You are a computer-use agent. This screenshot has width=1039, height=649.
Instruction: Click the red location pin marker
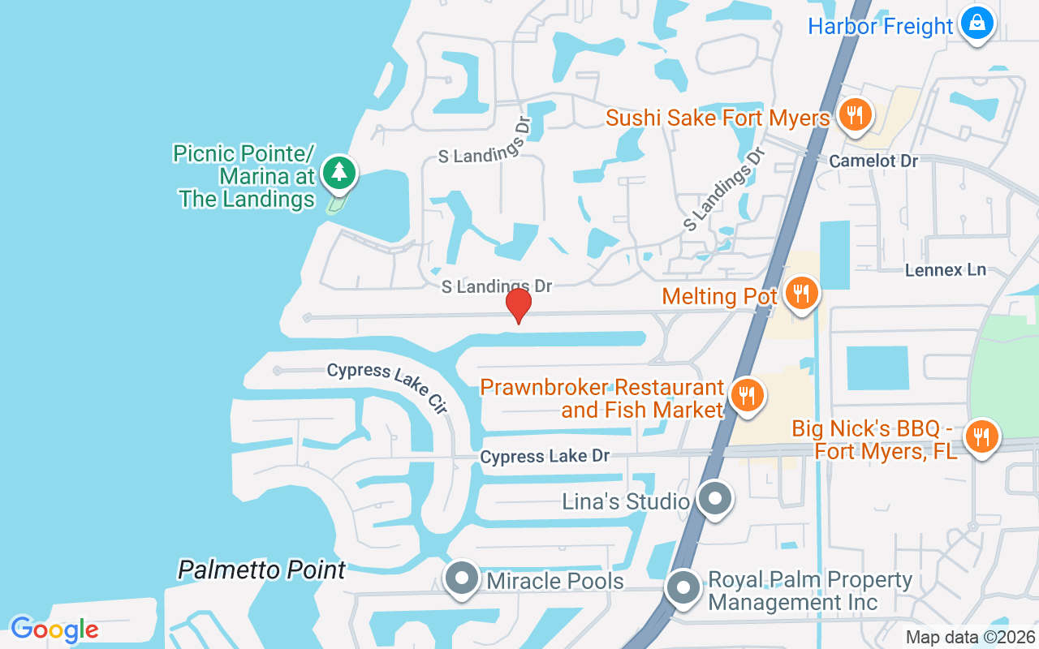519,306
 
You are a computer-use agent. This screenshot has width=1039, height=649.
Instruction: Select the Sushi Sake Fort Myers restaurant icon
854,115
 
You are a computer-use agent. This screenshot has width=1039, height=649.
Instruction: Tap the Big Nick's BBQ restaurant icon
982,437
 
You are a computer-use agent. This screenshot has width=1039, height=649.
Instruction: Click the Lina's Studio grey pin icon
715,499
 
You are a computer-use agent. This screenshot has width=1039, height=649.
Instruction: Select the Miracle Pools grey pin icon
463,578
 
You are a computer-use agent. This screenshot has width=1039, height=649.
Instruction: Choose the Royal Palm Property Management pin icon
683,587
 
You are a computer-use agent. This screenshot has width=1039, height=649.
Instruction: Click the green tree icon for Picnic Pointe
338,172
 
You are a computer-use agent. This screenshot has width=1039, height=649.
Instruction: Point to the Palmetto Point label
262,569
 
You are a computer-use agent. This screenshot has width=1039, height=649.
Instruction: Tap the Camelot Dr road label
873,161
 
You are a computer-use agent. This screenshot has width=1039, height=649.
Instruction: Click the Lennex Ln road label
946,269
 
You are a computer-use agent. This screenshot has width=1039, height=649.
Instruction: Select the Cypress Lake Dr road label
545,457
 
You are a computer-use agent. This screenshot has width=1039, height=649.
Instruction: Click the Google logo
54,630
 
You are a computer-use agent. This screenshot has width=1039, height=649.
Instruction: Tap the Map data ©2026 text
971,638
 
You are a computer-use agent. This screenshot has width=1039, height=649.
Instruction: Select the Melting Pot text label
720,296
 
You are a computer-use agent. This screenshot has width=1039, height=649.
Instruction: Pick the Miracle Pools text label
555,581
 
